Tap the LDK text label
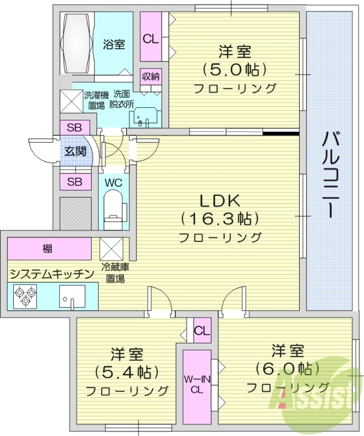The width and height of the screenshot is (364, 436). [x=219, y=200]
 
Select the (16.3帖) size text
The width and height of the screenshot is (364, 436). [x=219, y=219]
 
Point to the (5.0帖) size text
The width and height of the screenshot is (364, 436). [x=235, y=70]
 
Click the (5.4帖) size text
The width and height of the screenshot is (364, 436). [x=127, y=372]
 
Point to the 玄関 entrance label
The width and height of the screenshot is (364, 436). [x=75, y=152]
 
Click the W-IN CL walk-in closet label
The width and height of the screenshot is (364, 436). [x=197, y=385]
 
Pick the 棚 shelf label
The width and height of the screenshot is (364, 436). [x=49, y=249]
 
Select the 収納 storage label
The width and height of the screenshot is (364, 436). [x=151, y=76]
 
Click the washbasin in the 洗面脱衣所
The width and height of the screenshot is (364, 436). [x=146, y=117]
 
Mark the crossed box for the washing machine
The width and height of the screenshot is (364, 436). [x=70, y=100]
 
